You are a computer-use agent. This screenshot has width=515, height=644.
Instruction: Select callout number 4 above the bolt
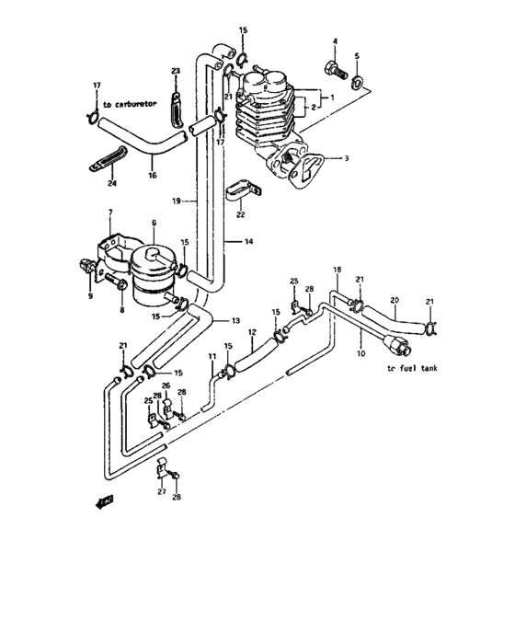(335, 41)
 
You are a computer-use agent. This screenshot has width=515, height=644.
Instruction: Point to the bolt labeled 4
(333, 67)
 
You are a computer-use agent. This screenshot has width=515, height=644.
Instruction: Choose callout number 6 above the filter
(154, 222)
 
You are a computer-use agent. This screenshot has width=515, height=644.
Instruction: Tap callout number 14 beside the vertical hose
(248, 241)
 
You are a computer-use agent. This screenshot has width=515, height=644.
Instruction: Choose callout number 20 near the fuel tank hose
(395, 300)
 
